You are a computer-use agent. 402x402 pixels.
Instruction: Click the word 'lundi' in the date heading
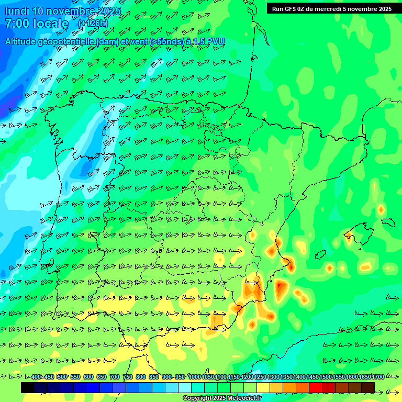coord(17,11)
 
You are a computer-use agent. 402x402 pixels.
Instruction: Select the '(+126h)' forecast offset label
coord(93,24)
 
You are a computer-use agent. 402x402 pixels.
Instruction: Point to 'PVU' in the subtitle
coord(216,41)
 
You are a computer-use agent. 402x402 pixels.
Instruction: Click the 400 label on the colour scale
coord(36,377)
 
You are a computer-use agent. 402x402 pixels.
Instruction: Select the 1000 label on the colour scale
coord(194,377)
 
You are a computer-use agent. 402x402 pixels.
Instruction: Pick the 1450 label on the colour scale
coord(312,377)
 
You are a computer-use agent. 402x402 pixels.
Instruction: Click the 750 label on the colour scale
coord(128,377)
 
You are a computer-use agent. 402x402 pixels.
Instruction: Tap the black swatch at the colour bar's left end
coord(28,387)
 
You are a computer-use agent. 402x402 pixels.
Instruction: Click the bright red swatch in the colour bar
coord(315,387)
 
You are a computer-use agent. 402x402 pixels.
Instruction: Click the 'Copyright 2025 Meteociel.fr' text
coord(222,398)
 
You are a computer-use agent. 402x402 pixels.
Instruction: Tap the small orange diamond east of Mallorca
coord(381,209)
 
